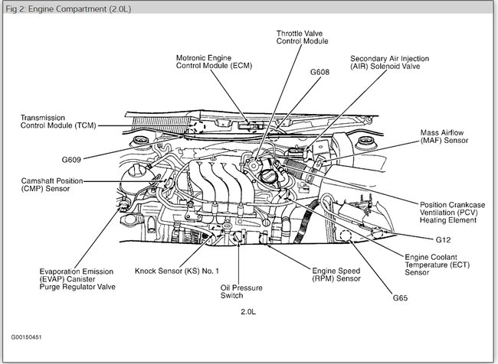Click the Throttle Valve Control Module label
(x=302, y=37)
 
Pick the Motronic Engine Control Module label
(x=215, y=62)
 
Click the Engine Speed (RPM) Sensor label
(x=336, y=275)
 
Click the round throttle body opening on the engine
(x=269, y=174)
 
